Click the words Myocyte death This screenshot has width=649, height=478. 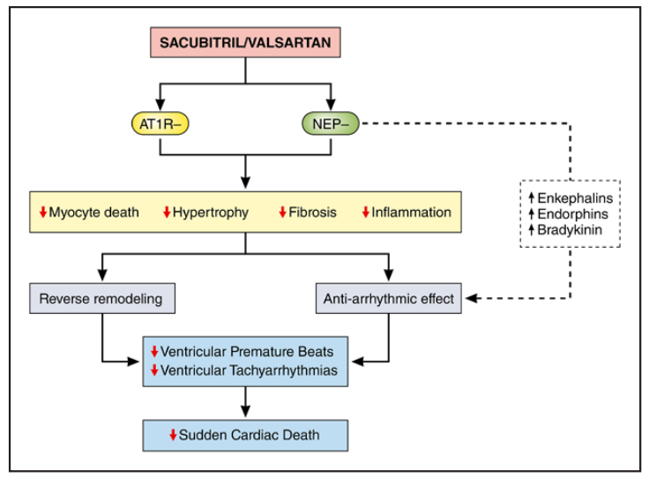pyautogui.click(x=93, y=213)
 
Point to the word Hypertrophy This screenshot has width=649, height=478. pyautogui.click(x=211, y=213)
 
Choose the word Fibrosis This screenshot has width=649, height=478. pyautogui.click(x=313, y=213)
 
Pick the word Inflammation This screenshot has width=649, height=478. pyautogui.click(x=411, y=213)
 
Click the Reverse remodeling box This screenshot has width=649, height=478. pyautogui.click(x=101, y=299)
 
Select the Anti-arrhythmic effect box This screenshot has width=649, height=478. pyautogui.click(x=388, y=299)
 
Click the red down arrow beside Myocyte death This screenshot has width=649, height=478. pyautogui.click(x=42, y=213)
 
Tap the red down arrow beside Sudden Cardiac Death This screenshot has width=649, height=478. pyautogui.click(x=174, y=434)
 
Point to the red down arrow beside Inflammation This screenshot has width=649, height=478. pyautogui.click(x=366, y=213)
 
